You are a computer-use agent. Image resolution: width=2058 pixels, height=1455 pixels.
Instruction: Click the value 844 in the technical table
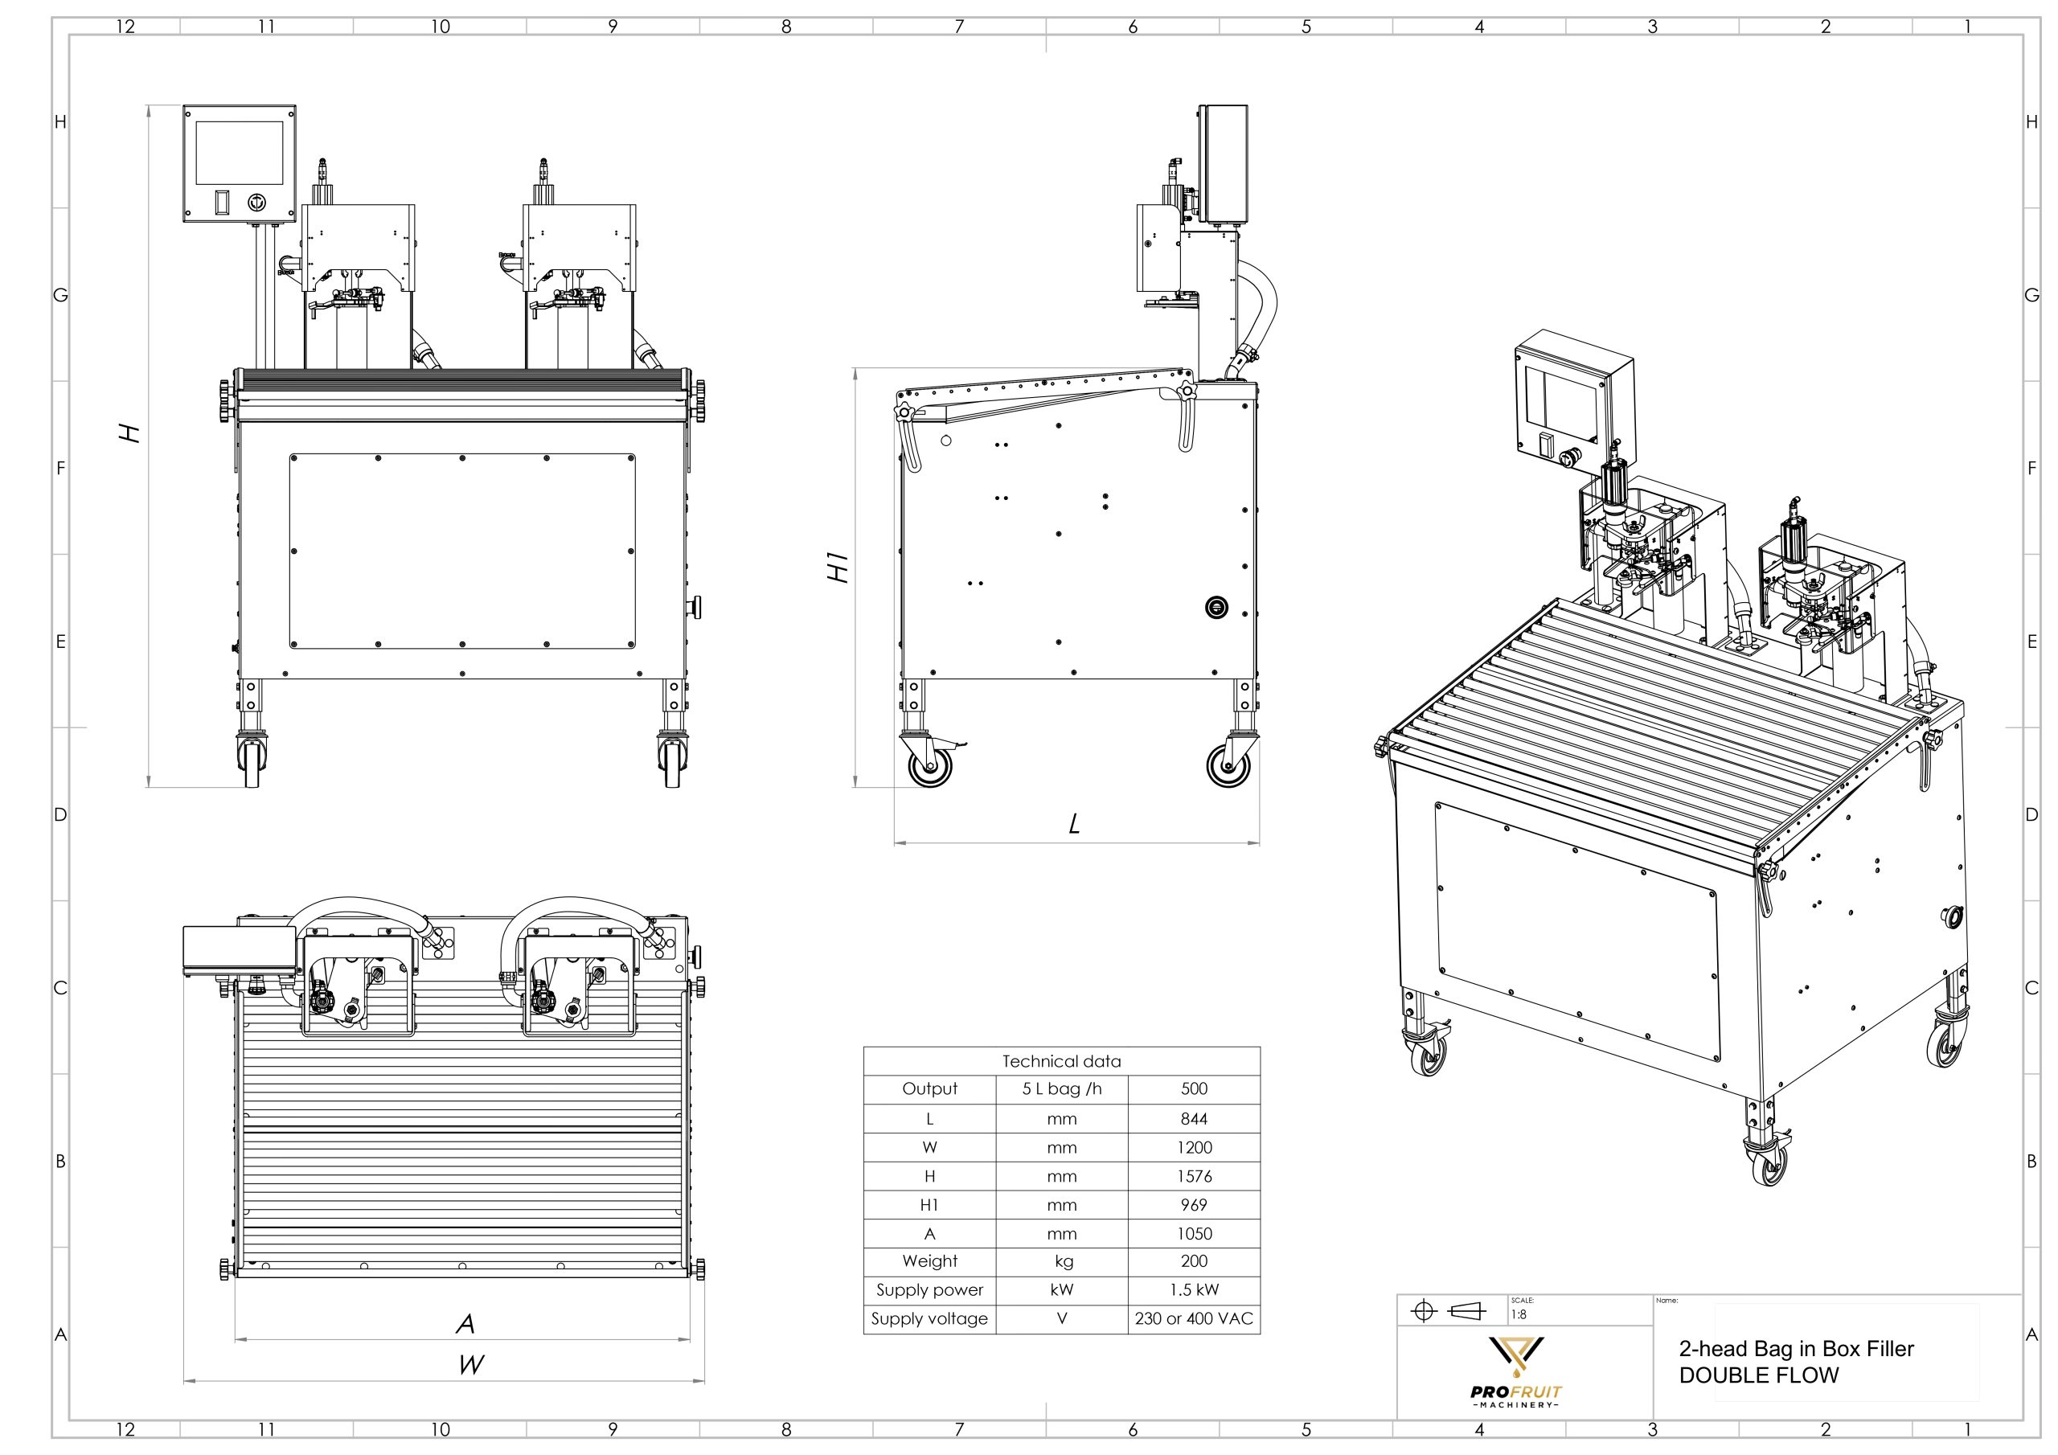pyautogui.click(x=1193, y=1119)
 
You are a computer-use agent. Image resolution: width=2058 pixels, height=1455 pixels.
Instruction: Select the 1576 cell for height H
pyautogui.click(x=1193, y=1176)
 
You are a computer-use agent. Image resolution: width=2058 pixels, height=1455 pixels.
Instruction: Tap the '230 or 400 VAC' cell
pyautogui.click(x=1193, y=1318)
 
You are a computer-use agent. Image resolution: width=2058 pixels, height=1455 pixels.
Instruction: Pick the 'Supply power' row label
pyautogui.click(x=929, y=1290)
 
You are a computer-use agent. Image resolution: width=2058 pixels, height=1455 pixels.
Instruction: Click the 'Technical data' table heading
pyautogui.click(x=1061, y=1061)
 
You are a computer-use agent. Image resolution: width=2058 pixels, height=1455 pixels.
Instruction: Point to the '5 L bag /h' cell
pyautogui.click(x=1061, y=1089)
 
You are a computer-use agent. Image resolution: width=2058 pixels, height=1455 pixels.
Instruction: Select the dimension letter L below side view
pyautogui.click(x=1075, y=824)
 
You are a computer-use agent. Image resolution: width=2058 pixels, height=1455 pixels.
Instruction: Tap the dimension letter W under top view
pyautogui.click(x=470, y=1365)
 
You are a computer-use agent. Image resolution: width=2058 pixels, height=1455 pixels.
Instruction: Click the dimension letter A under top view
pyautogui.click(x=465, y=1323)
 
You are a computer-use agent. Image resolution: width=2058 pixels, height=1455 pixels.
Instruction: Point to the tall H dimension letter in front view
pyautogui.click(x=131, y=433)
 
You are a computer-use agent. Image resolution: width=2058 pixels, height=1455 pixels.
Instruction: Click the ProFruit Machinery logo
pyautogui.click(x=1515, y=1372)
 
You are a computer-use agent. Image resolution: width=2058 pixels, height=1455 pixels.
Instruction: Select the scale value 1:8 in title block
pyautogui.click(x=1519, y=1315)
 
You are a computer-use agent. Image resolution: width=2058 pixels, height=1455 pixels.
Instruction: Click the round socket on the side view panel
pyautogui.click(x=1216, y=608)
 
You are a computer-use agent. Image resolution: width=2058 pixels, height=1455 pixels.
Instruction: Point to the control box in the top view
pyautogui.click(x=240, y=950)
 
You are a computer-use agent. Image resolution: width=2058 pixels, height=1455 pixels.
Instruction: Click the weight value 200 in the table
pyautogui.click(x=1193, y=1261)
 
